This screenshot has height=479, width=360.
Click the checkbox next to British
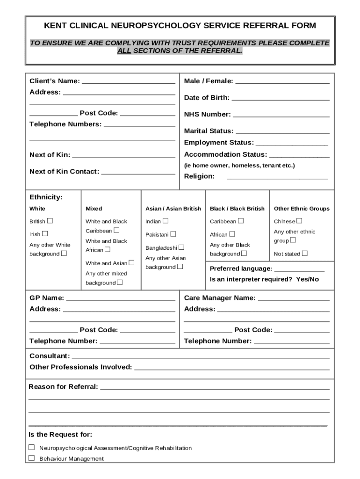pyautogui.click(x=50, y=221)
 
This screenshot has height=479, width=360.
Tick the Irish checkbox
pyautogui.click(x=45, y=233)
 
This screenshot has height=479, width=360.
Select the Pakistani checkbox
pyautogui.click(x=173, y=234)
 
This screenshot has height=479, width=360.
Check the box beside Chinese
pyautogui.click(x=299, y=221)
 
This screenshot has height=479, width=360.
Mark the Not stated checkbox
pyautogui.click(x=304, y=253)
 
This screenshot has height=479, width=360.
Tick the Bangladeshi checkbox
pyautogui.click(x=181, y=247)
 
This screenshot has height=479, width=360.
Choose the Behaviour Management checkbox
pyautogui.click(x=32, y=458)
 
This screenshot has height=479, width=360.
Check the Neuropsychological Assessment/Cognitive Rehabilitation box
pyautogui.click(x=32, y=447)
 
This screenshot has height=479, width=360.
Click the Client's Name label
pyautogui.click(x=54, y=81)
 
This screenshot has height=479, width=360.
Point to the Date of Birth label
pyautogui.click(x=207, y=98)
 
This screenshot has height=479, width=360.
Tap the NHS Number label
pyautogui.click(x=207, y=115)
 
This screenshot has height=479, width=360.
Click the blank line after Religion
pyautogui.click(x=277, y=177)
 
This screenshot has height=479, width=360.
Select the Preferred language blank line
pyautogui.click(x=299, y=269)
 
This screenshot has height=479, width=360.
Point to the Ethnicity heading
pyautogui.click(x=46, y=197)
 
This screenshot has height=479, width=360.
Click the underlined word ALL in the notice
pyautogui.click(x=124, y=51)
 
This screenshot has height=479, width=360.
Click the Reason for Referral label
pyautogui.click(x=63, y=387)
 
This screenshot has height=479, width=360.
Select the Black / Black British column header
pyautogui.click(x=237, y=209)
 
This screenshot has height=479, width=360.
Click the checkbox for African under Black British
pyautogui.click(x=232, y=234)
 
